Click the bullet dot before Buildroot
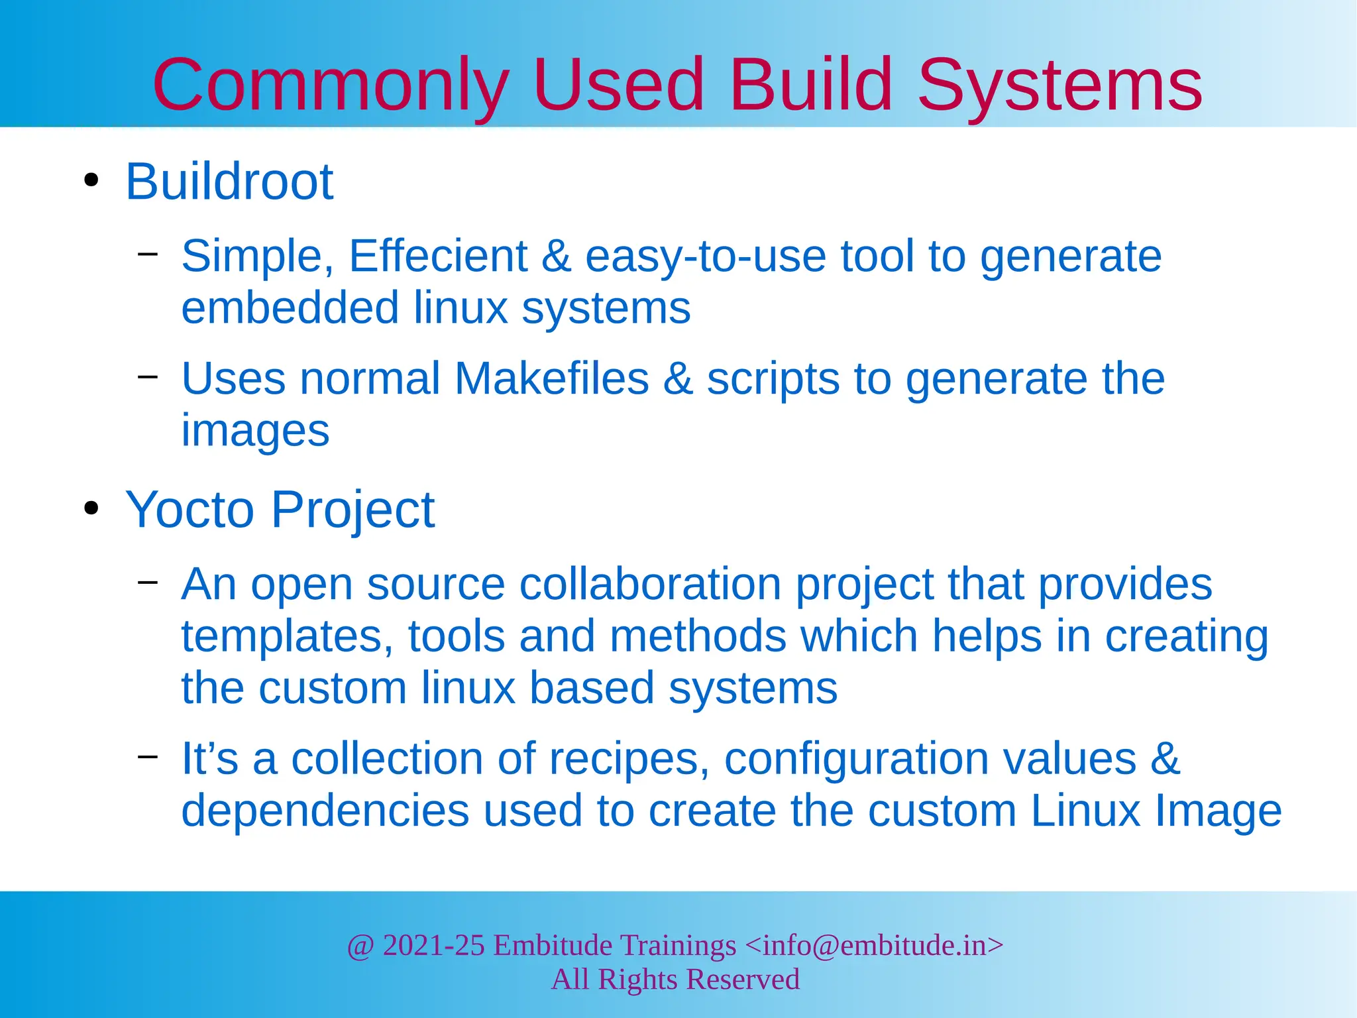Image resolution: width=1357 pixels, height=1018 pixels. coord(91,180)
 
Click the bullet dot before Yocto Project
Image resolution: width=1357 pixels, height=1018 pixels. coord(91,508)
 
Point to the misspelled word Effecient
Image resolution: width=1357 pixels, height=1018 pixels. coord(437,256)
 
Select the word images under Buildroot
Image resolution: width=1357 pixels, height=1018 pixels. coord(255,431)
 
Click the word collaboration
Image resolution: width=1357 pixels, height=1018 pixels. coord(650,584)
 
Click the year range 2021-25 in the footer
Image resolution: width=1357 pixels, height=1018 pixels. coord(433,945)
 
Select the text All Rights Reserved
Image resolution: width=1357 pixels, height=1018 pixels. coord(675,979)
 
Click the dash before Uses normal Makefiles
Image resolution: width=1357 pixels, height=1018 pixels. coord(148,376)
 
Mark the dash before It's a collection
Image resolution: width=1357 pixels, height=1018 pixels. coord(148,756)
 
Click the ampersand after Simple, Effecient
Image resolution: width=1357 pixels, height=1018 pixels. coord(556,256)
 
